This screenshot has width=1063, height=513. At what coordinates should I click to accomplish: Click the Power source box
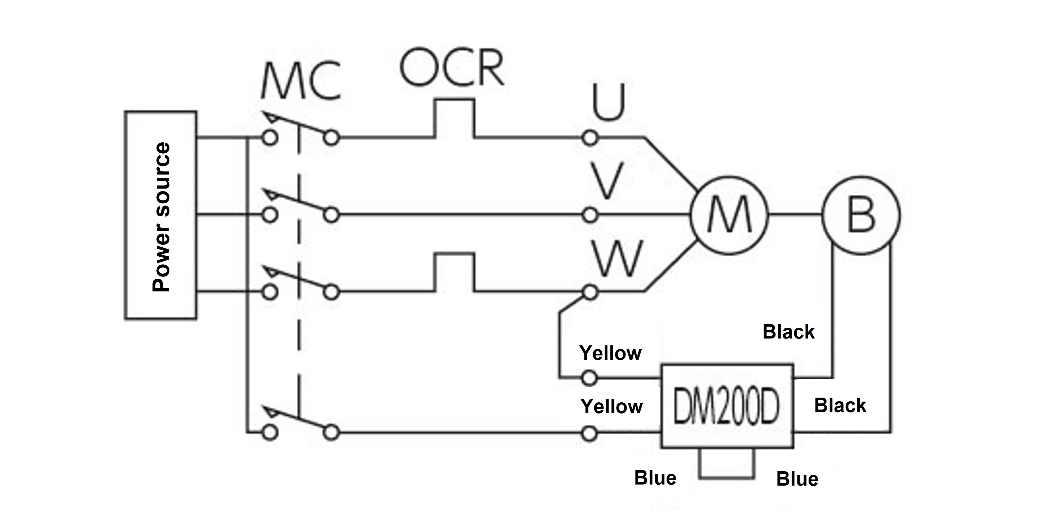tap(160, 215)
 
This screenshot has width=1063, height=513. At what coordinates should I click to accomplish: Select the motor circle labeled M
tap(729, 215)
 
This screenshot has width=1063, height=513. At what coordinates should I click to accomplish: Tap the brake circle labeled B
tap(861, 215)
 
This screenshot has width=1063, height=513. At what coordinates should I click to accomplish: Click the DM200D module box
tap(727, 406)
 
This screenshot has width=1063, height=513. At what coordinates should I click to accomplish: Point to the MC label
tap(301, 81)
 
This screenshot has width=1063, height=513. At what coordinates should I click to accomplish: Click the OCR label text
tap(452, 67)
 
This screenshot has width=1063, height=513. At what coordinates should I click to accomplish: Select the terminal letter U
tap(609, 102)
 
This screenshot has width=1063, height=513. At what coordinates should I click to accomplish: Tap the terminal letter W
tap(617, 259)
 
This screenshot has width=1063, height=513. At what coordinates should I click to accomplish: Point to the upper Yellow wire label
tap(610, 353)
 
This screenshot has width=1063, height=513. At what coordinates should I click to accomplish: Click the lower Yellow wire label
tap(611, 407)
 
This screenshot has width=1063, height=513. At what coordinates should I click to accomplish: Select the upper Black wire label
tap(788, 332)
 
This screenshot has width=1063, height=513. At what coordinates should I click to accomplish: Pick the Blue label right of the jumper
tap(797, 479)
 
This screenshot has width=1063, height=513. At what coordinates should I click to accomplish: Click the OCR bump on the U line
tap(454, 118)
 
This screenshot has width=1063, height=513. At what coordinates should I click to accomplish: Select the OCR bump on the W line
tap(454, 273)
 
